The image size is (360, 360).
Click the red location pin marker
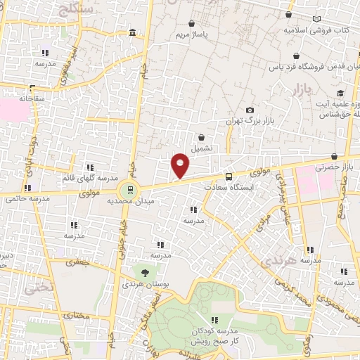[x=180, y=165]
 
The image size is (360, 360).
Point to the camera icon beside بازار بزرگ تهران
[x=250, y=110]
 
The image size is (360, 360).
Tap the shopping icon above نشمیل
[x=202, y=138]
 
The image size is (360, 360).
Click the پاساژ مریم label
[x=191, y=34]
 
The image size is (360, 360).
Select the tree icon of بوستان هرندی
[x=145, y=271]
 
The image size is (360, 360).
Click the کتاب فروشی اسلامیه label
[x=317, y=31]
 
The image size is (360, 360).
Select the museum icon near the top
[x=132, y=34]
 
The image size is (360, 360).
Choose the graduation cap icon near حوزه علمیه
[x=341, y=94]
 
